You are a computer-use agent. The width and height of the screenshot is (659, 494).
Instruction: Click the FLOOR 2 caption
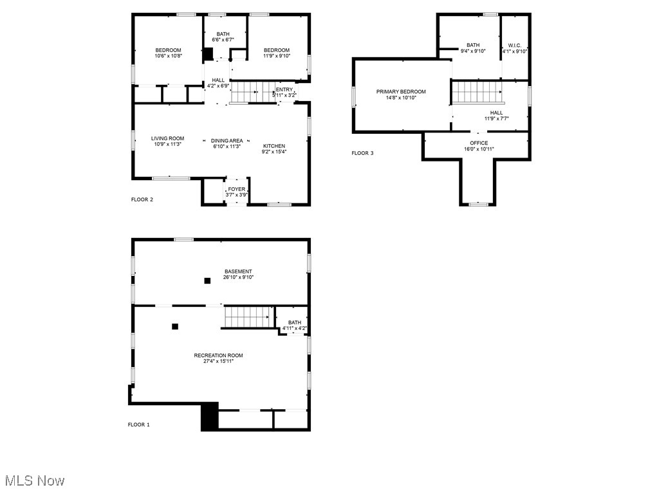click(142, 199)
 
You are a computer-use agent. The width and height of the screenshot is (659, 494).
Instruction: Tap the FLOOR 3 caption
click(362, 153)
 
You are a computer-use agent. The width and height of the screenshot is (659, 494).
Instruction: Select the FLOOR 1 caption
click(139, 425)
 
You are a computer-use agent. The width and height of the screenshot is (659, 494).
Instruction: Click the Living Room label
click(167, 138)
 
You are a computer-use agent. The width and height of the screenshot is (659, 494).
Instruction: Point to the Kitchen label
click(274, 146)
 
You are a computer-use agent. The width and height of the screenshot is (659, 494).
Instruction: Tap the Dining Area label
click(228, 141)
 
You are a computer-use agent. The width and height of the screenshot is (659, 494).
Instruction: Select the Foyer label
click(236, 189)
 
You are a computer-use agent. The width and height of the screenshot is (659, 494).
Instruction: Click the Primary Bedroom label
click(401, 92)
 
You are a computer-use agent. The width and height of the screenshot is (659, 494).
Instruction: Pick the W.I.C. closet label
click(514, 46)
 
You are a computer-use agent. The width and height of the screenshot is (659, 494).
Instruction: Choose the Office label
click(478, 143)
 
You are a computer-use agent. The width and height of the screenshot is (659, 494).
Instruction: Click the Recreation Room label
click(219, 355)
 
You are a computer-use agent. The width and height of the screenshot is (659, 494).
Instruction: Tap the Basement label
click(238, 271)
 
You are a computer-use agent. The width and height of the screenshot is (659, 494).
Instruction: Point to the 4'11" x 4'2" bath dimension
click(295, 329)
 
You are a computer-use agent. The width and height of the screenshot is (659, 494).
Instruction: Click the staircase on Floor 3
click(477, 92)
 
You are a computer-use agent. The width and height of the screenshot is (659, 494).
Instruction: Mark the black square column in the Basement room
click(207, 280)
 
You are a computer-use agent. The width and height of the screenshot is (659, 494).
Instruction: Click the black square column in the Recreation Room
click(174, 326)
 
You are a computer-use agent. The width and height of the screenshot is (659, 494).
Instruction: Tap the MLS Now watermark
click(35, 480)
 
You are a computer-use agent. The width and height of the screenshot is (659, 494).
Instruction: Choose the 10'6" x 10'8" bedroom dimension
click(168, 56)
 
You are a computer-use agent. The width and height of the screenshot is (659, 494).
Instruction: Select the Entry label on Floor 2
click(284, 89)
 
